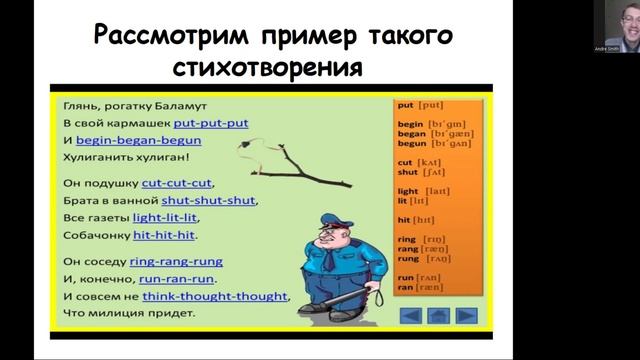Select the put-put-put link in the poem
210,123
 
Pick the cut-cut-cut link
177,183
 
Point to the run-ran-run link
180,279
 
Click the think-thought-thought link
214,296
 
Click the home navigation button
437,316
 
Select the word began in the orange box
410,132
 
